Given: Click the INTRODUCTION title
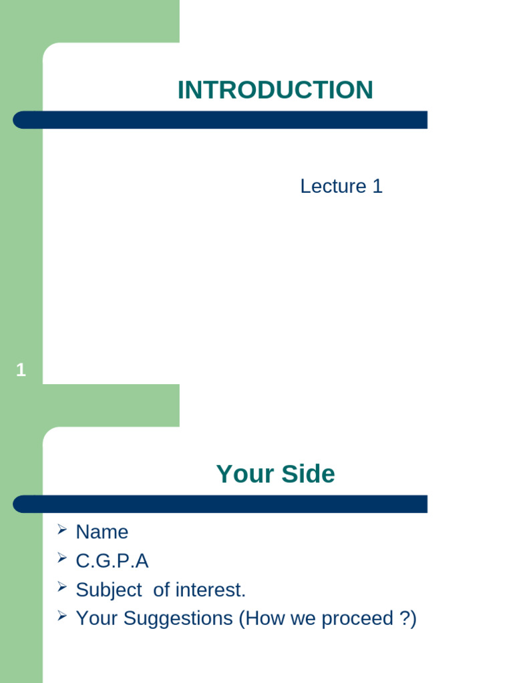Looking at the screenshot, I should (x=275, y=90).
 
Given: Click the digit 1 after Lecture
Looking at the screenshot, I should (x=377, y=186).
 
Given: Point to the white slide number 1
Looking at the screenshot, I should (x=21, y=370).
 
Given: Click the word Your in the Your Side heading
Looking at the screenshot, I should (x=241, y=474).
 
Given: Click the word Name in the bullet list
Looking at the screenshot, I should (x=102, y=532).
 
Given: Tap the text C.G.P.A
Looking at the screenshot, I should (x=112, y=561).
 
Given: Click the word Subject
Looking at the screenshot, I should (x=109, y=590).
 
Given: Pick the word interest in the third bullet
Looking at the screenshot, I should (x=210, y=590).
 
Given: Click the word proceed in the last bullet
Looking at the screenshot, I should (x=357, y=619).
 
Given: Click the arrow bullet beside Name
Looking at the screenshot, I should (x=62, y=530).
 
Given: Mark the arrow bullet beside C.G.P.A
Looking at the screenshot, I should (x=62, y=558).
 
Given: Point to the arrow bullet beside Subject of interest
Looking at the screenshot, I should (x=62, y=588).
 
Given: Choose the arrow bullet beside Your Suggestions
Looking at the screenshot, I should (x=62, y=616).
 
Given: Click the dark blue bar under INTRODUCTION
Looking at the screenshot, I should (x=220, y=120).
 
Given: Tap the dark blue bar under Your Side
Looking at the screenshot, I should (x=220, y=504).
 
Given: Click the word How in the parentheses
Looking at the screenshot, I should (x=263, y=619).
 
